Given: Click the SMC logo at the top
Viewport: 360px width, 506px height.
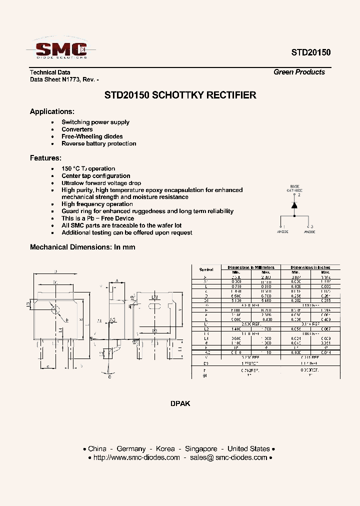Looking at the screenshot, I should (61, 49).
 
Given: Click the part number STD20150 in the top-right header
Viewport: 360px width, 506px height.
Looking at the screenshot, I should (311, 52).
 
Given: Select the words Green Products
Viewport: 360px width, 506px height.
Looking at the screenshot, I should (299, 72).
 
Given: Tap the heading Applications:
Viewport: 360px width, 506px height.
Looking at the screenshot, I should (52, 111).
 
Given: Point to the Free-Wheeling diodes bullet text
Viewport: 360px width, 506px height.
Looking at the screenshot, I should (92, 136).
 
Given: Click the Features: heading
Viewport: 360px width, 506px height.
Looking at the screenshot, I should (45, 158).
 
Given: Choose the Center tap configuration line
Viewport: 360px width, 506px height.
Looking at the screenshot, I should (95, 176).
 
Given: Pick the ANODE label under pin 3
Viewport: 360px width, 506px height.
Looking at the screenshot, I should (309, 231).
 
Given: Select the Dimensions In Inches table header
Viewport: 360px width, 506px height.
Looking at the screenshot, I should (310, 267).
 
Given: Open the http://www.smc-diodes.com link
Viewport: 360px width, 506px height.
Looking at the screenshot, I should (136, 457).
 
